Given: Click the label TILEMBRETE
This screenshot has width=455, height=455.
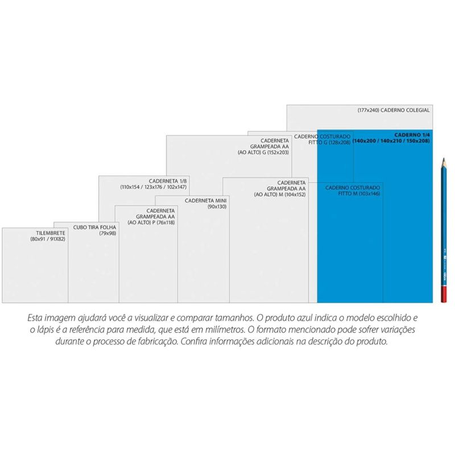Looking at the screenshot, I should pos(49,233).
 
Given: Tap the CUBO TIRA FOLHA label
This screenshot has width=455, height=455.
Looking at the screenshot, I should pos(94,226).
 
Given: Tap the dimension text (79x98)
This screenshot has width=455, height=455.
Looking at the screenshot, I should pos(107,233).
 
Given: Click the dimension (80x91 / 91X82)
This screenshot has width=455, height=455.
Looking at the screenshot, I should pos(48,240).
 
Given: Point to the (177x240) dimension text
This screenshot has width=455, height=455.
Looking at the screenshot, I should pos(368,109).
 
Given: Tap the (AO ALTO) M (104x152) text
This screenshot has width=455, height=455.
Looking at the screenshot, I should pos(280,194).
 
